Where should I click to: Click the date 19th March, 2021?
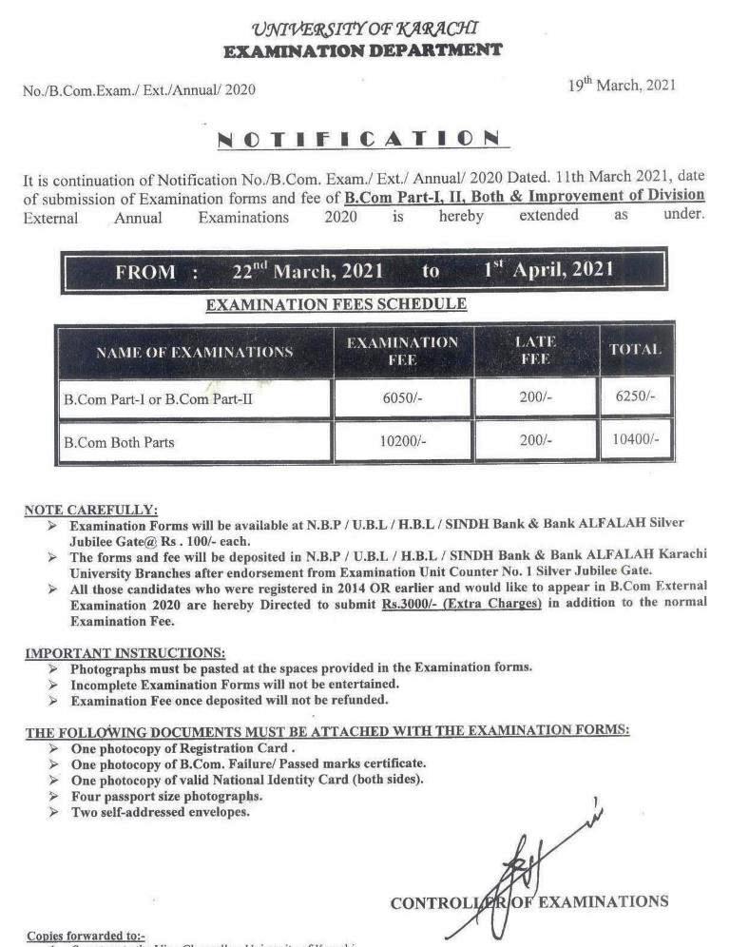(x=622, y=85)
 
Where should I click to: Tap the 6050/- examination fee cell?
(x=403, y=398)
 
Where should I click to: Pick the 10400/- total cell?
(x=636, y=441)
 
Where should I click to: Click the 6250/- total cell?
(x=636, y=397)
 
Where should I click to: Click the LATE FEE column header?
(x=535, y=351)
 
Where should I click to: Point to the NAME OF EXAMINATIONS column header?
(x=194, y=352)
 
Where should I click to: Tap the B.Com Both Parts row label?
(x=119, y=442)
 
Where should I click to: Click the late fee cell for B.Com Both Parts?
(x=535, y=441)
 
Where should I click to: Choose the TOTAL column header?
(x=635, y=350)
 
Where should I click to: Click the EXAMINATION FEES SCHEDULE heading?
(x=336, y=305)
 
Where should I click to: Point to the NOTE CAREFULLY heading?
(x=91, y=511)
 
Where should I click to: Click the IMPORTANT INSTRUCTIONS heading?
(x=125, y=653)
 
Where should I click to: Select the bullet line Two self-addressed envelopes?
(x=161, y=813)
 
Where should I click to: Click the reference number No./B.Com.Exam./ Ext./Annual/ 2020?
(x=139, y=90)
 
